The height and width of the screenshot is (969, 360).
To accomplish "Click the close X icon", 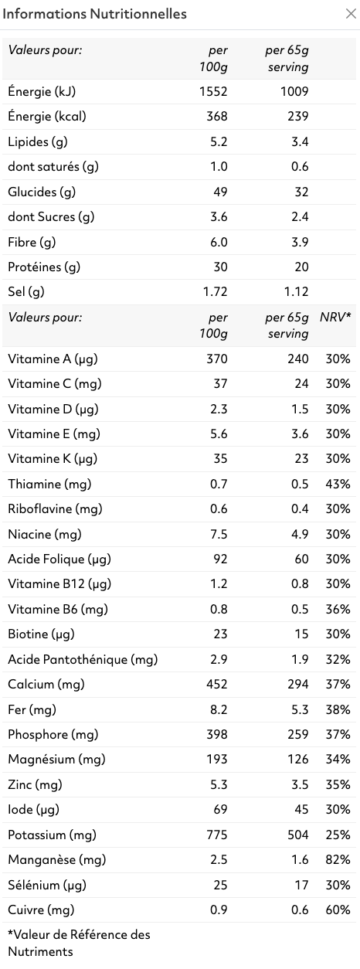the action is coord(351,14).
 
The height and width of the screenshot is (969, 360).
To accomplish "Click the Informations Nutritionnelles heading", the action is coord(94,14).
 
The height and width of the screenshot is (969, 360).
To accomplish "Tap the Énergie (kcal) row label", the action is coord(46,117).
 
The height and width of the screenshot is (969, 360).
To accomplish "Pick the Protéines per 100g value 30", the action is coord(220,267).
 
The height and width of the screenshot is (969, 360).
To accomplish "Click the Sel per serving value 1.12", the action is coord(296,291).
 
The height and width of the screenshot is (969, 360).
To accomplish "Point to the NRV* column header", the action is coord(335,317).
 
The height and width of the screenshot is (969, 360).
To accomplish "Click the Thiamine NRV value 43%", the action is coord(338,484).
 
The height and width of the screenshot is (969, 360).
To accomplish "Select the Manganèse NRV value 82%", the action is coord(338,859).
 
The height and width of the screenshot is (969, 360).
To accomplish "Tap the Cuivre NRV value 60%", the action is coord(338,909).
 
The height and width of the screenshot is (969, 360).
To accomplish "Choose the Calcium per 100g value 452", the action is coord(217,684).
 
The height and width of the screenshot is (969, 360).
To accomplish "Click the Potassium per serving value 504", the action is coord(298,835).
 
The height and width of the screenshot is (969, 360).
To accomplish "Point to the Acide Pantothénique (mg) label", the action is coord(83,659).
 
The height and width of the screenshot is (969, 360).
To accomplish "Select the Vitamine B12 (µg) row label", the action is coord(59,584).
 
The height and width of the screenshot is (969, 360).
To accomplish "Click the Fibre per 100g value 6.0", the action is coord(219,242).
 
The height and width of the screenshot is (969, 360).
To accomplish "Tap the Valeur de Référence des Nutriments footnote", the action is coord(79,943).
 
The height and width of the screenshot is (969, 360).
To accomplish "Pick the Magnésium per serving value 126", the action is coord(298,759).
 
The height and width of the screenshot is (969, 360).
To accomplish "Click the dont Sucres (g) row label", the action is coord(51,216).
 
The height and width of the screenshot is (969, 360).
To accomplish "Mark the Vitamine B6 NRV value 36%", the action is coord(338,609).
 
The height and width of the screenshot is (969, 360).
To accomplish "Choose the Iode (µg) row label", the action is coord(33,809).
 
